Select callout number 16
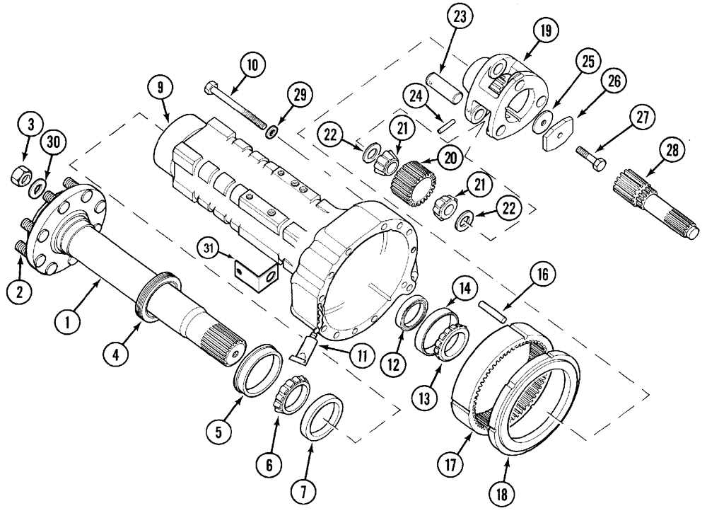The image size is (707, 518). tap(545, 275)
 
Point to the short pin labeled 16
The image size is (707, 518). tap(492, 311)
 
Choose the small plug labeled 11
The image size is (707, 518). tap(307, 348)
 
